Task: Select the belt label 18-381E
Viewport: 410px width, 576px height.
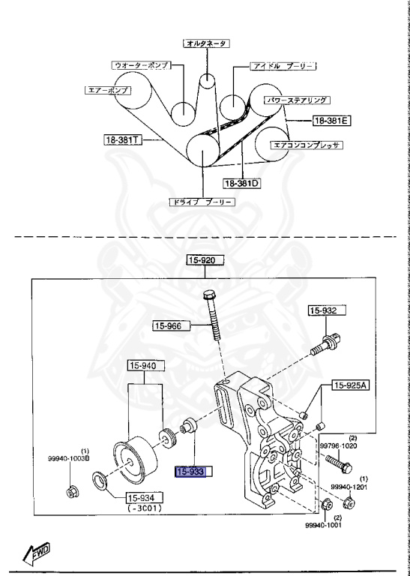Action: [331, 120]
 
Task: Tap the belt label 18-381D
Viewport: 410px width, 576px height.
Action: [241, 182]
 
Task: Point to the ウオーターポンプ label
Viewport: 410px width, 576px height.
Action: [140, 65]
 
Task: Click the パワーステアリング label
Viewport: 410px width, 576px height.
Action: [298, 99]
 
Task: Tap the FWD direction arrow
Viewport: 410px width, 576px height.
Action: [37, 553]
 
